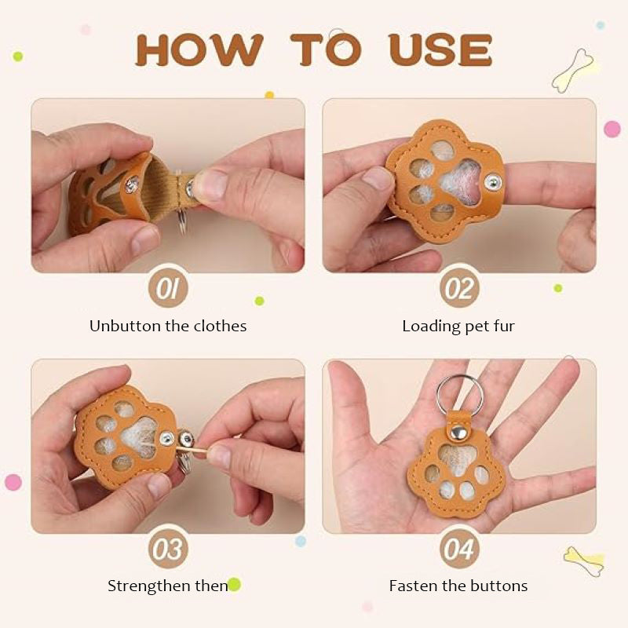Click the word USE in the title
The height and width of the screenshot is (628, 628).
tap(440, 49)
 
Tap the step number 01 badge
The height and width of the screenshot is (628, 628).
tap(167, 290)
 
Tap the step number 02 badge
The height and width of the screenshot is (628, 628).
tap(459, 290)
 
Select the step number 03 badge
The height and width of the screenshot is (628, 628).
tap(167, 549)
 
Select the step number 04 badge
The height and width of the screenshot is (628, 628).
tap(459, 549)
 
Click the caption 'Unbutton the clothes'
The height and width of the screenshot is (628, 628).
tap(167, 326)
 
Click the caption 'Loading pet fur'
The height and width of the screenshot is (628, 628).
tap(458, 326)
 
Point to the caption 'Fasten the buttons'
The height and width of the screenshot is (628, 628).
tap(458, 586)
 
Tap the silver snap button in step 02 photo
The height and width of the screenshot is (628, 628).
tap(492, 182)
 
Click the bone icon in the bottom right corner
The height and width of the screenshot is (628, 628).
tap(583, 561)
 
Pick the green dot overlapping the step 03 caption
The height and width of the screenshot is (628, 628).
tap(234, 584)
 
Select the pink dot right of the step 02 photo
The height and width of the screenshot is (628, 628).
tap(612, 129)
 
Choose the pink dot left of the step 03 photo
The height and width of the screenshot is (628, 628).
tap(13, 482)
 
